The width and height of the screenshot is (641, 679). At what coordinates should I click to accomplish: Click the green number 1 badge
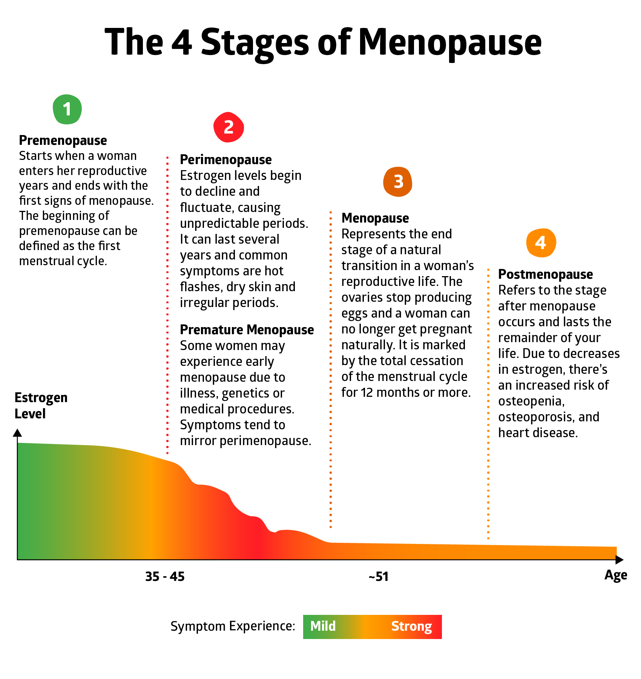coord(67,109)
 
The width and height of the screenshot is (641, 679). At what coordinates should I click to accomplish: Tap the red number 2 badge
coord(228,127)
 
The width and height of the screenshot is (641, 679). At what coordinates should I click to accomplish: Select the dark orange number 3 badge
coord(398,182)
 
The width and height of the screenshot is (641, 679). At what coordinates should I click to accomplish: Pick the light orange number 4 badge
coord(541,243)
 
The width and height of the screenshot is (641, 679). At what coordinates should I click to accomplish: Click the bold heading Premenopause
coord(63,140)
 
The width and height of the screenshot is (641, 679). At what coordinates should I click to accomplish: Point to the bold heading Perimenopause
coord(225,160)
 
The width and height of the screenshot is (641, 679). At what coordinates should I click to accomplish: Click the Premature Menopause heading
coord(247,330)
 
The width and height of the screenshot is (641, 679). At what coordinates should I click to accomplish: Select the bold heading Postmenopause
coord(545,274)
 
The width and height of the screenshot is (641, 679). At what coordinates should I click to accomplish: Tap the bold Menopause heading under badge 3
coord(375,218)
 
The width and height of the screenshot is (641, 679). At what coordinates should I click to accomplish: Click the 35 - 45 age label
coord(165,576)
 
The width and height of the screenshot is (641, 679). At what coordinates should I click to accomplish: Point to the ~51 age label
coord(379,576)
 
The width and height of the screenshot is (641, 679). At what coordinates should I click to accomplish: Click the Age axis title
coord(616,575)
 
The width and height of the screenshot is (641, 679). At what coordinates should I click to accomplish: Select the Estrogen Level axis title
coord(41,406)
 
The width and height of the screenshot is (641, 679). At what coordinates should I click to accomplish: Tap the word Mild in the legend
coord(323,626)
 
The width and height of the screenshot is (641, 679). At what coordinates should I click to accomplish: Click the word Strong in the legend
coord(411,626)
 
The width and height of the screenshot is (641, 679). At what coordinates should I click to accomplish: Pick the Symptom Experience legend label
coord(233,626)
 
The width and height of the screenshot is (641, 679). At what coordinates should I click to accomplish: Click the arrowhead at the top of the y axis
coord(17,433)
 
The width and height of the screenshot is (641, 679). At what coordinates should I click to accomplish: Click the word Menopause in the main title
coord(450,42)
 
